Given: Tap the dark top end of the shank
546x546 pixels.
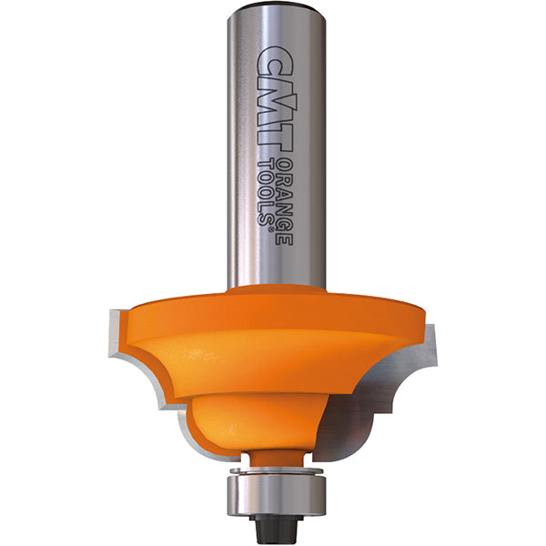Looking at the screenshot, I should (272, 6).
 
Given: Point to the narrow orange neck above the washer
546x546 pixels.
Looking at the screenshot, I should (273, 455).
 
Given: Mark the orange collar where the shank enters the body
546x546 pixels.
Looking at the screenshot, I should (273, 291).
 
